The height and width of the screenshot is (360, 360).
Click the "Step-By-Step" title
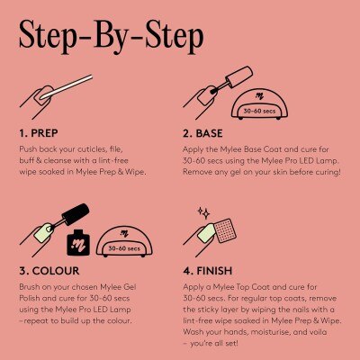pos(112,37)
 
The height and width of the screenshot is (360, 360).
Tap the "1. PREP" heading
pos(39,133)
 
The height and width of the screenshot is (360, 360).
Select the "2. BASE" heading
pos(202,133)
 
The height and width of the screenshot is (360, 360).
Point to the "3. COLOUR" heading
pos(49,271)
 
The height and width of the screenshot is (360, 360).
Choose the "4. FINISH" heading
pos(208,271)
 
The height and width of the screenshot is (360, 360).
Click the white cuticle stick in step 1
pos(67,87)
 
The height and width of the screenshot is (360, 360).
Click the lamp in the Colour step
pos(124,241)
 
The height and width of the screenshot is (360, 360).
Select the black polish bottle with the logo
pos(78,242)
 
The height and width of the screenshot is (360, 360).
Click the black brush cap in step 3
pos(76,214)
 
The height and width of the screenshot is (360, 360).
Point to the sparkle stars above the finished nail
pos(203,212)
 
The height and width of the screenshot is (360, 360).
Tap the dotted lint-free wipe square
pos(225,230)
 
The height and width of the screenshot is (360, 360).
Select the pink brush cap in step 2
pos(239,77)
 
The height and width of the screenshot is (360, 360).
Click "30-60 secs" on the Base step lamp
pos(259,111)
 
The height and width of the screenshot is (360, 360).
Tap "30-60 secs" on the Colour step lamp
pos(124,248)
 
